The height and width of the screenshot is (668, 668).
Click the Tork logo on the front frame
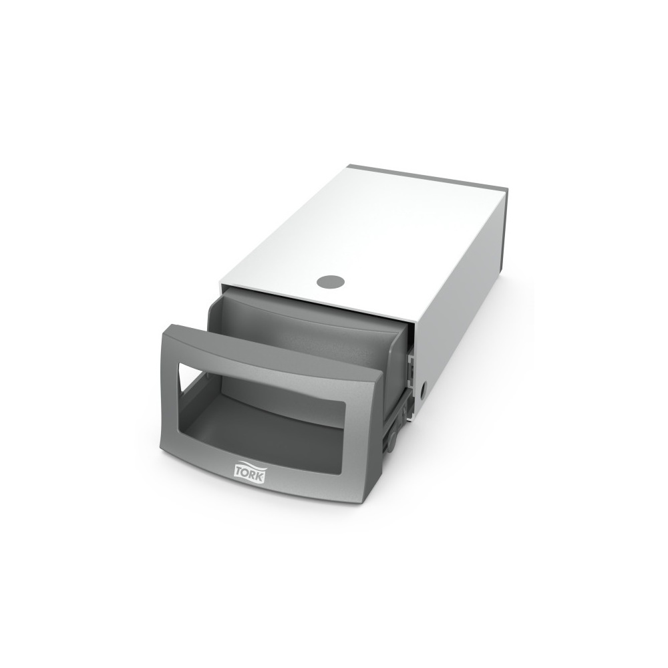tap(250, 472)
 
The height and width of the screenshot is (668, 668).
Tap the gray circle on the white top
tap(331, 281)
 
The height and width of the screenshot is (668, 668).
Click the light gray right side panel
tap(462, 298)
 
